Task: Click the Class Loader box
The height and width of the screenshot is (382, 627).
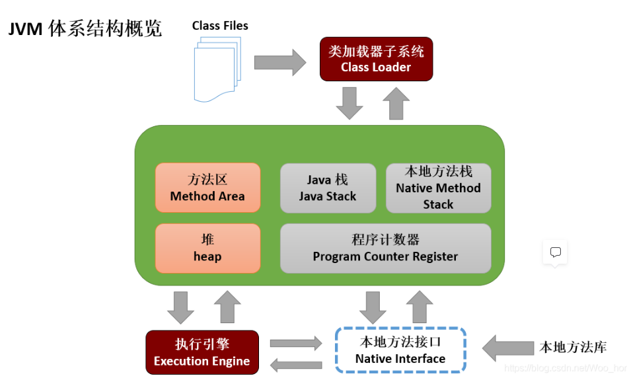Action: [x=376, y=59]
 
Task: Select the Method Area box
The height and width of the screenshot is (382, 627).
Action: [x=207, y=188]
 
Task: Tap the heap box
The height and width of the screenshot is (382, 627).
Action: [x=207, y=248]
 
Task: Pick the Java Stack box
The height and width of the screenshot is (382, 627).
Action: [x=327, y=188]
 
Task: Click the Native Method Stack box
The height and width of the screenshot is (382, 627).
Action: [x=438, y=188]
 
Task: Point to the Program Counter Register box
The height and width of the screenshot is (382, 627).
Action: [x=385, y=248]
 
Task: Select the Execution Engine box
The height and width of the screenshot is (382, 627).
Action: [x=202, y=352]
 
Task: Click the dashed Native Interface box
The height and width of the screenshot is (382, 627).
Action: [x=400, y=350]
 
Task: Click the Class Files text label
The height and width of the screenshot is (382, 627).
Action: [x=220, y=26]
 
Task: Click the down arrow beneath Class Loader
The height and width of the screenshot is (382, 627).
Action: [x=350, y=103]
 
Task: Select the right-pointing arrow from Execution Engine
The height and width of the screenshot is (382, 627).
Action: [x=295, y=343]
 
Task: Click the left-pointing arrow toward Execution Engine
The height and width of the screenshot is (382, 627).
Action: [x=295, y=363]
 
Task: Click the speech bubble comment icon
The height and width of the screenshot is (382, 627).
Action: [x=555, y=252]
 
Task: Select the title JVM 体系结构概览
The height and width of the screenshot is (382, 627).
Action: [x=85, y=29]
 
